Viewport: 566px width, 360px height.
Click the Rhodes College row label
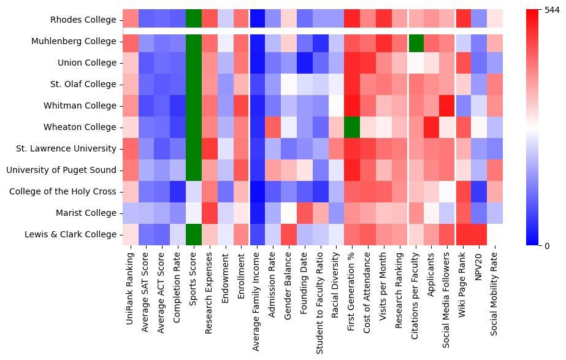click(x=83, y=20)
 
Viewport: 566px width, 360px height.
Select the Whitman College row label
click(x=80, y=105)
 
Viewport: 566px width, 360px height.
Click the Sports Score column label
click(x=194, y=276)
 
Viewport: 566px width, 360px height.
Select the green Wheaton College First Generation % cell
click(x=353, y=127)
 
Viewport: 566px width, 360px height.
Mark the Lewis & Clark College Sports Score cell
click(x=194, y=234)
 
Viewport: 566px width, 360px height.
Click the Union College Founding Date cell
click(x=305, y=63)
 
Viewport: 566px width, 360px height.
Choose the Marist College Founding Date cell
click(x=305, y=213)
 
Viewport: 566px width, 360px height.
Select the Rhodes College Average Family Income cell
click(x=258, y=20)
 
